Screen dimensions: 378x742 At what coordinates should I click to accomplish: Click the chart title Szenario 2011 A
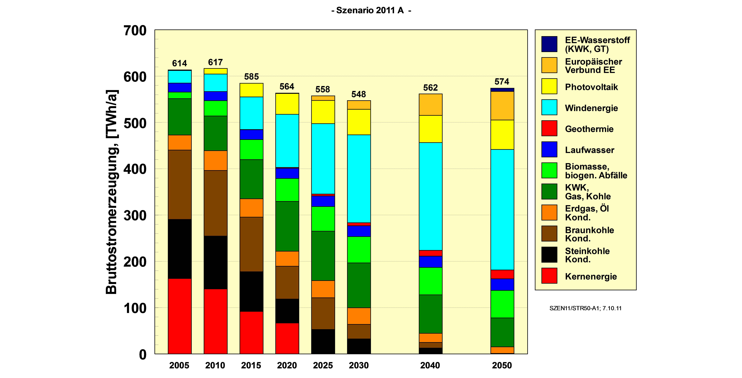pos(371,10)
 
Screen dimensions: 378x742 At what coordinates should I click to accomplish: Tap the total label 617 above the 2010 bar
pos(215,62)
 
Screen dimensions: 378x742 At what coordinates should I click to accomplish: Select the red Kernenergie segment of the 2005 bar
pos(180,316)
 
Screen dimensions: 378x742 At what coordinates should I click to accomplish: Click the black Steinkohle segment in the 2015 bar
pos(251,291)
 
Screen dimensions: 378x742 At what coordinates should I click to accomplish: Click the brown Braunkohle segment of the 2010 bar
pos(215,203)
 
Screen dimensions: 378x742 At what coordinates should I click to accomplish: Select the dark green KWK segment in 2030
pos(359,285)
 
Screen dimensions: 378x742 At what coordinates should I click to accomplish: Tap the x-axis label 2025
pos(323,365)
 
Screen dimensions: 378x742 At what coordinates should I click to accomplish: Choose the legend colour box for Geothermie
pos(549,128)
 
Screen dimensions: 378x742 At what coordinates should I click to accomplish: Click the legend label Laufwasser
pos(589,150)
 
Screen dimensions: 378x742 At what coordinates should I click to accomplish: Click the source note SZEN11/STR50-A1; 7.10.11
pos(585,308)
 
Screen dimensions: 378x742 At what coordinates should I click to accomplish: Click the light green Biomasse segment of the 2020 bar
pos(287,190)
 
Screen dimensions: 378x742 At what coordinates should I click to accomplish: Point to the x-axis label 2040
pos(430,365)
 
